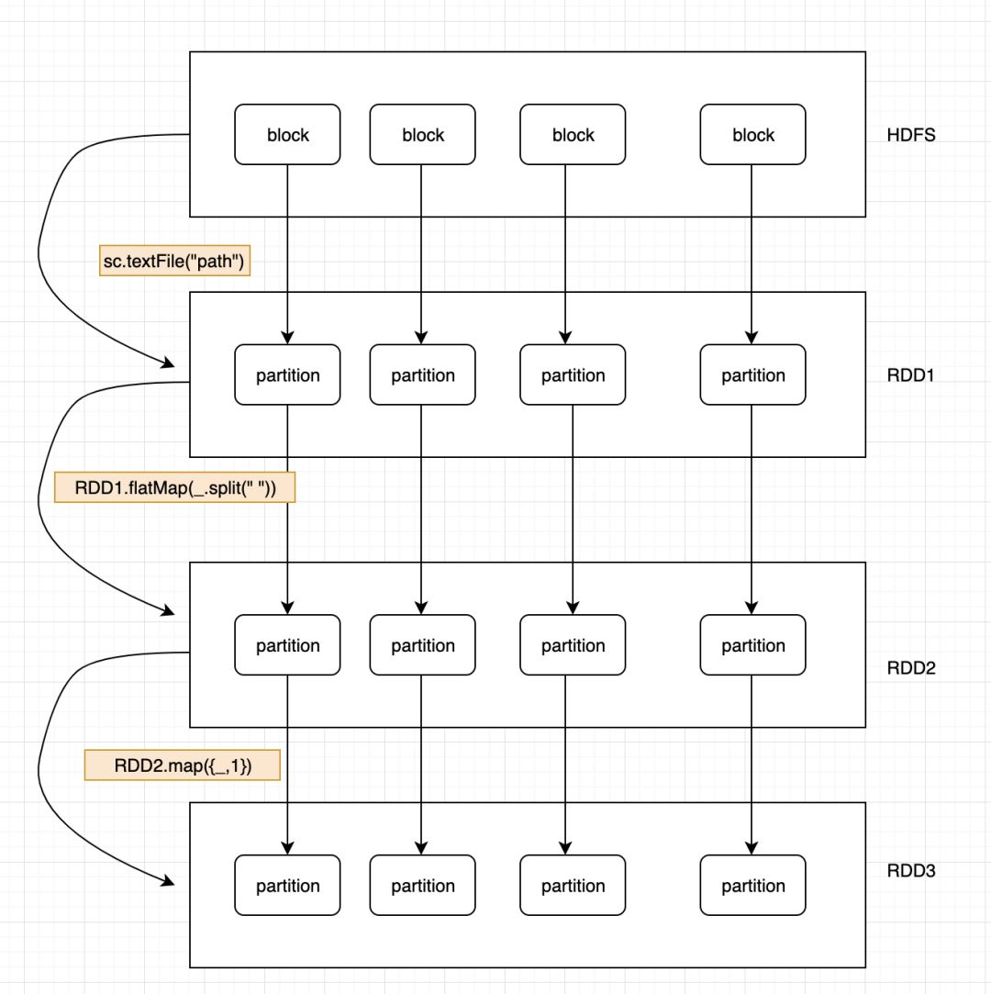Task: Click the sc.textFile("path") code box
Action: coord(173,262)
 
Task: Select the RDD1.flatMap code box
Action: coord(175,486)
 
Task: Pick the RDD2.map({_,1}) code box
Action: coord(182,765)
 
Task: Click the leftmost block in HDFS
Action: coord(287,135)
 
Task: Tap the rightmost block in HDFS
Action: coord(752,135)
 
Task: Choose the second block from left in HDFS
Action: coord(422,135)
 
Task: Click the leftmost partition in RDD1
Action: coord(287,374)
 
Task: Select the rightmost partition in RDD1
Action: coord(752,374)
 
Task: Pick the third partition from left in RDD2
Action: coord(573,645)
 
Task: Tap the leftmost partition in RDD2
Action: coord(287,645)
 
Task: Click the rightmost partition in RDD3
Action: coord(752,885)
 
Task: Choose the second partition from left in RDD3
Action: coord(422,885)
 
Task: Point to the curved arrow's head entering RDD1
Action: coord(169,364)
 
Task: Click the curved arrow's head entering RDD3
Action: coord(169,882)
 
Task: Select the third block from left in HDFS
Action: coord(573,135)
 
